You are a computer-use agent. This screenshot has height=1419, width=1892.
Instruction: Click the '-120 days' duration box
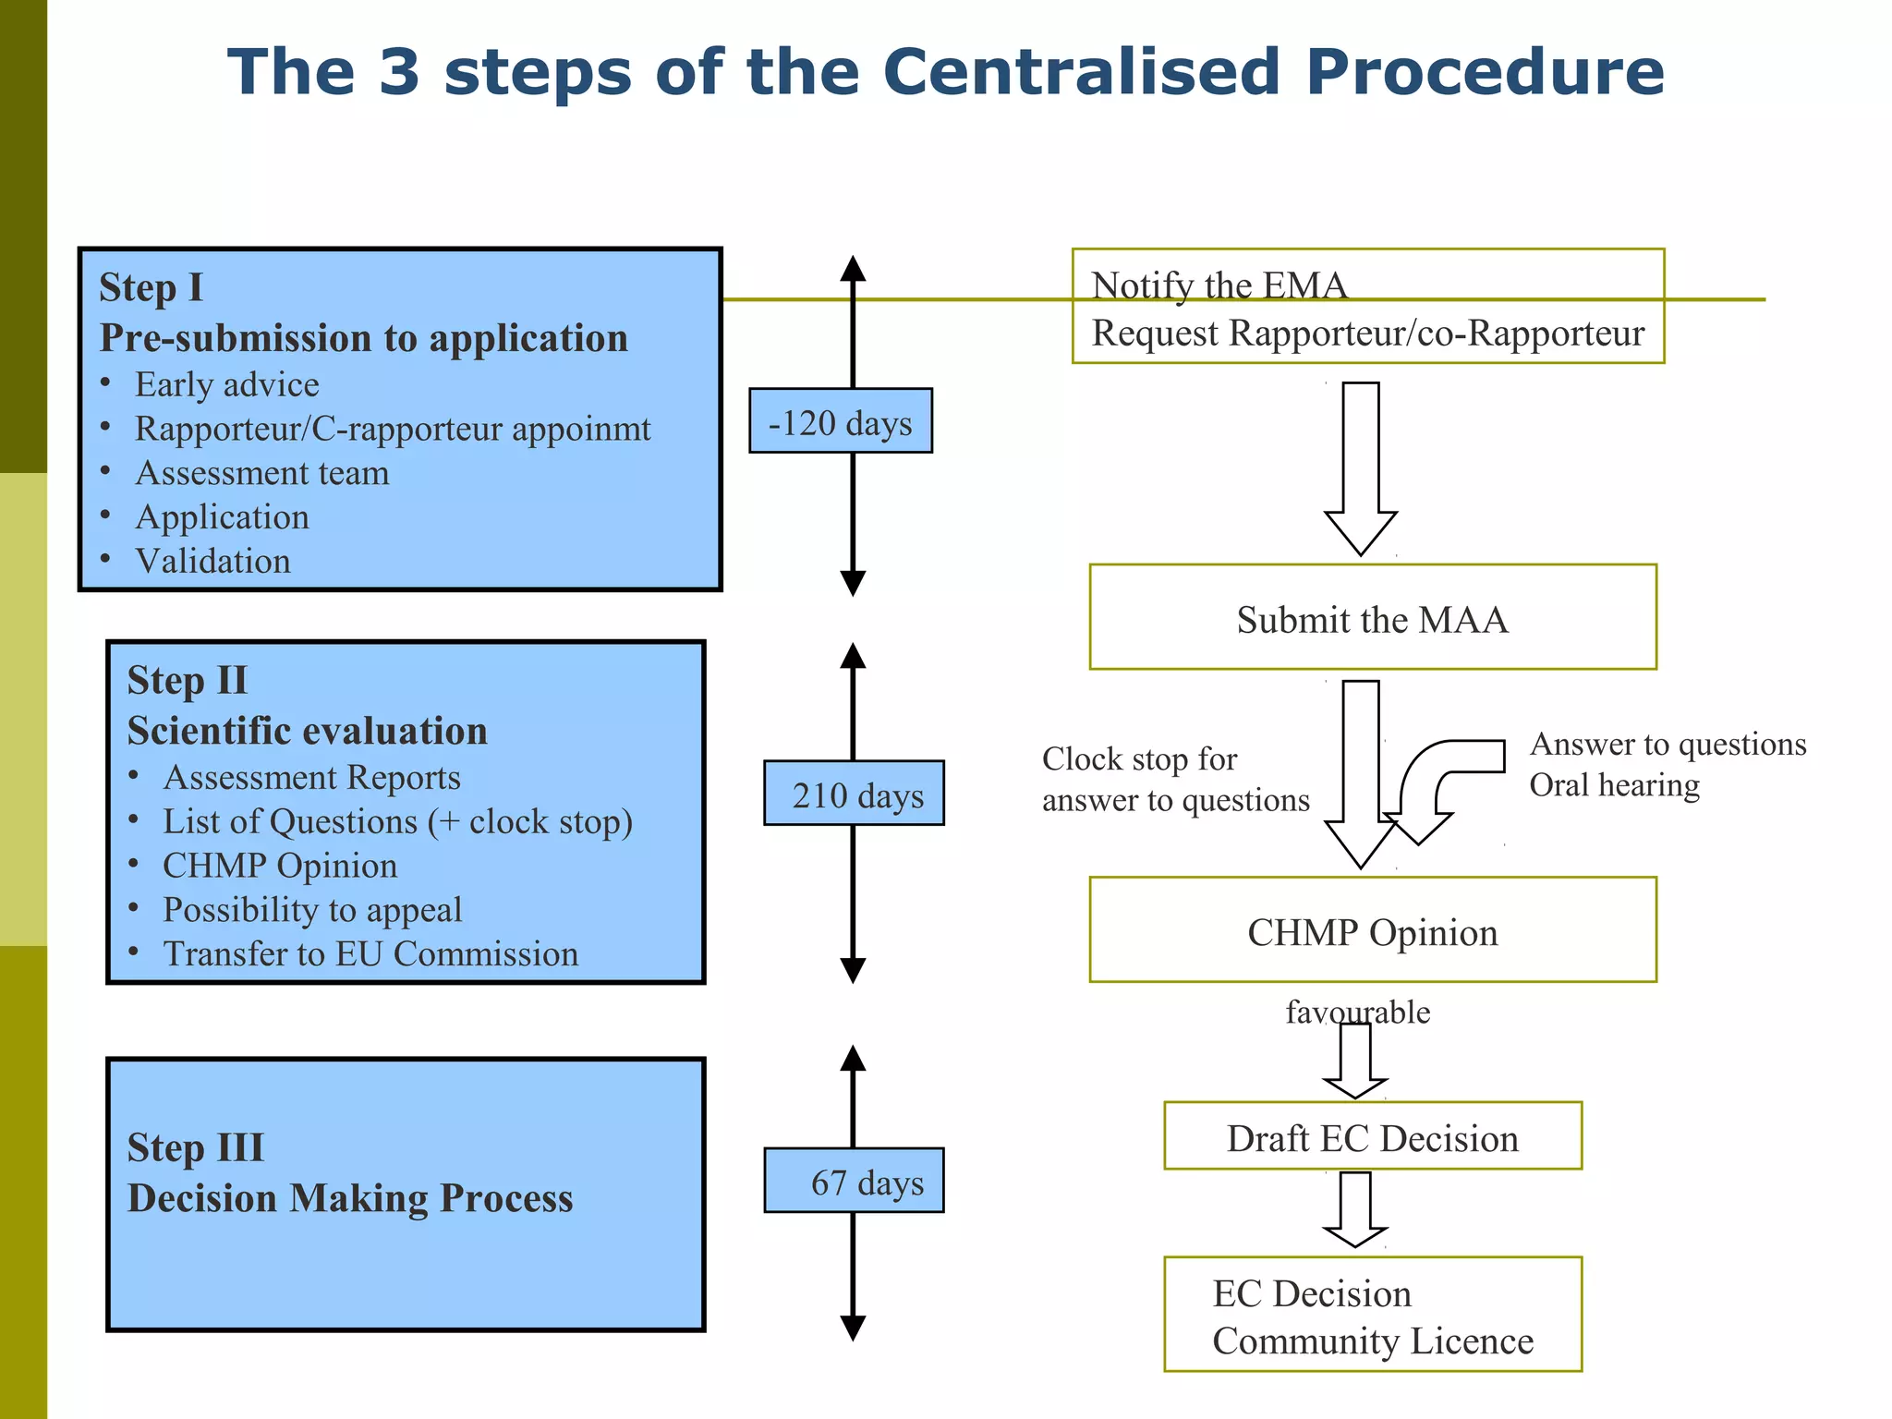click(841, 420)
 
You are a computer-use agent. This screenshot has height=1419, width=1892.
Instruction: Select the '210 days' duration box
click(854, 793)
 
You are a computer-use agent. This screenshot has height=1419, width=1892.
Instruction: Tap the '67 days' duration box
click(854, 1180)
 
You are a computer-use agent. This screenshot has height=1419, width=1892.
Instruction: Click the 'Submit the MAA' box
click(1373, 616)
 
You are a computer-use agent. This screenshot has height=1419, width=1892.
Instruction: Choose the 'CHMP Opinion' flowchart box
click(1373, 929)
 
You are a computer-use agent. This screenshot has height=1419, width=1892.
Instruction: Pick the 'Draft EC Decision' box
click(1373, 1135)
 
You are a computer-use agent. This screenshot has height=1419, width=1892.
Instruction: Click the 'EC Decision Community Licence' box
click(1373, 1314)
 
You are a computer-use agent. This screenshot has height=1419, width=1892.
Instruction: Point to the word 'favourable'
click(1358, 1013)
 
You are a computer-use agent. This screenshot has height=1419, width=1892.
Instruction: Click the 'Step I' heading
click(151, 287)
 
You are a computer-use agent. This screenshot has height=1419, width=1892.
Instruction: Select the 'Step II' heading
click(188, 680)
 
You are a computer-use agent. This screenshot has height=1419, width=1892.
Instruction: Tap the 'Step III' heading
click(196, 1147)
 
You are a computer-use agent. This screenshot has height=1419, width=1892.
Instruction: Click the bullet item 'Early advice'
click(227, 384)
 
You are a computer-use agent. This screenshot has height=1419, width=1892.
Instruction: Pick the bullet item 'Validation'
click(213, 561)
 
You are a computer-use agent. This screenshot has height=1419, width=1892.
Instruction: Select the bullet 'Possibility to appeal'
click(312, 910)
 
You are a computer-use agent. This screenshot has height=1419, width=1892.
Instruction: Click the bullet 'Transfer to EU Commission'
click(370, 953)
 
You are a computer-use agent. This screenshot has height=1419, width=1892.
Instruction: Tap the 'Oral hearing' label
click(1614, 784)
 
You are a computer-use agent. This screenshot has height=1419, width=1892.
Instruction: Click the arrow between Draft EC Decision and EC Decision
click(1355, 1209)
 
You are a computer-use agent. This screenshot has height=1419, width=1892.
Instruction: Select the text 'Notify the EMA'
click(1219, 285)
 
